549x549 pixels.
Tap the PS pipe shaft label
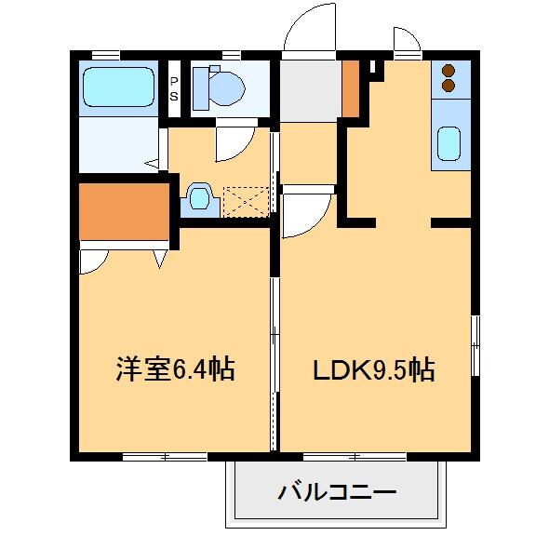174,87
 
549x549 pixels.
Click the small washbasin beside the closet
199,198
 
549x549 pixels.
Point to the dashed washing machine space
247,200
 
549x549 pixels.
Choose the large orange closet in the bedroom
124,211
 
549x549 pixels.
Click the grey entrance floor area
309,90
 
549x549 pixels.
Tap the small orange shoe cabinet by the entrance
351,88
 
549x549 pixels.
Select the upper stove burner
449,70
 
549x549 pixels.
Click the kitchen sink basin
449,142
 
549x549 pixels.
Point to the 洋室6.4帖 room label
175,370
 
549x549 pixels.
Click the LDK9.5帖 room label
372,370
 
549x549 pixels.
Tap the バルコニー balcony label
337,490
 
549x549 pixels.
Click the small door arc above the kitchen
406,39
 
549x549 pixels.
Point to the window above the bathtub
107,54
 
